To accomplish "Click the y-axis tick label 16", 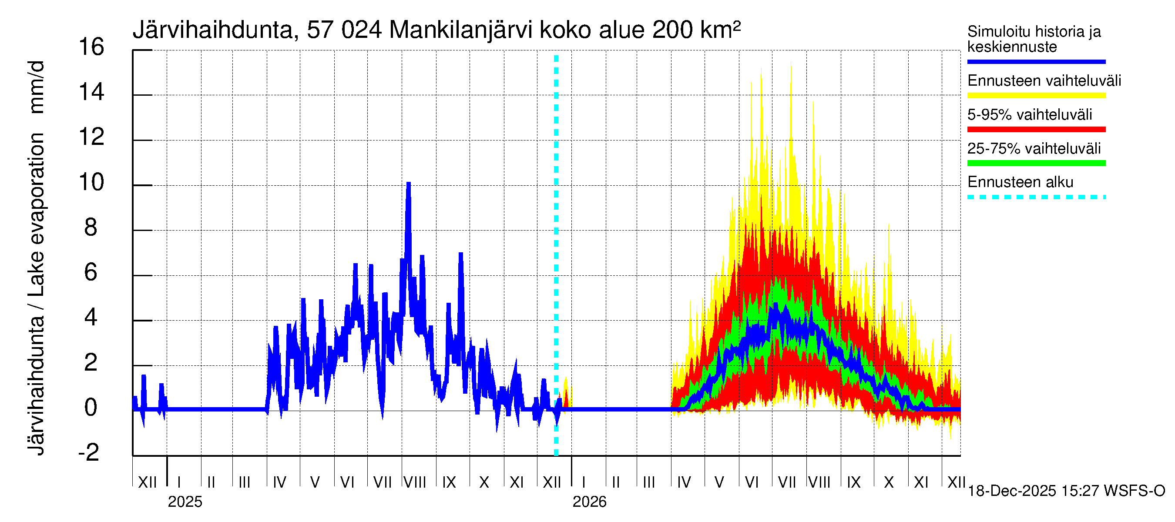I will [x=91, y=47].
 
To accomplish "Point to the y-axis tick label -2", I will [x=89, y=452].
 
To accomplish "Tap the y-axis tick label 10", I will [x=91, y=182].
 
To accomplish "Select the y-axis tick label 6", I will [x=91, y=272].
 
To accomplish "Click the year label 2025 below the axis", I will [x=185, y=502].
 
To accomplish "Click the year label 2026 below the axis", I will [x=589, y=502].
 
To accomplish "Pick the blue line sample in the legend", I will [x=1036, y=61].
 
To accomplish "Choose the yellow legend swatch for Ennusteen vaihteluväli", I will [x=1036, y=96].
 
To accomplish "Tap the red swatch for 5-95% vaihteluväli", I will [x=1036, y=130].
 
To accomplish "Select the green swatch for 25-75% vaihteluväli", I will [x=1036, y=163].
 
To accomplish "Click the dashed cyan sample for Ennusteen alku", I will [x=1036, y=197].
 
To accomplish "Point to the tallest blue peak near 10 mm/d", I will [x=409, y=184].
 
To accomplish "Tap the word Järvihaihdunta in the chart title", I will [x=212, y=30].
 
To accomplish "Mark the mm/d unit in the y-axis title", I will [x=37, y=87].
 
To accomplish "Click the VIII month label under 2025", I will [x=415, y=482].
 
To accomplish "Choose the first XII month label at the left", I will [x=147, y=482].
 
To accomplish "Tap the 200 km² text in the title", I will [x=696, y=30].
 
